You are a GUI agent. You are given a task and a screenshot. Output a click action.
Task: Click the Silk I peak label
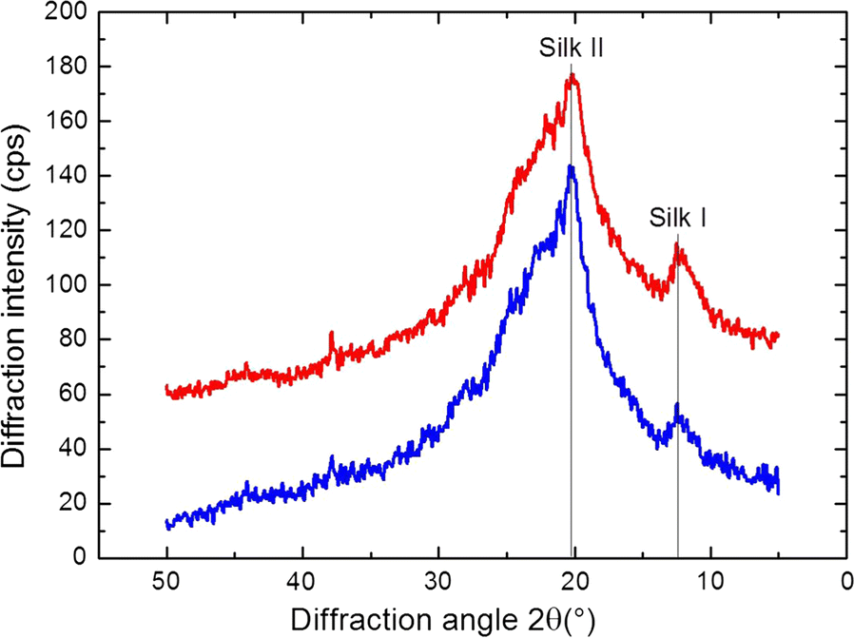pyautogui.click(x=677, y=218)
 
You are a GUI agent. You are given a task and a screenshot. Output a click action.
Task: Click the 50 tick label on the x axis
pyautogui.click(x=167, y=580)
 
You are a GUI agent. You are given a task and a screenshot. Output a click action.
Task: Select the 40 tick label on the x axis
pyautogui.click(x=302, y=580)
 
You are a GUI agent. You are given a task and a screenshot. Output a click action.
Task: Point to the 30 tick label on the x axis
pyautogui.click(x=438, y=580)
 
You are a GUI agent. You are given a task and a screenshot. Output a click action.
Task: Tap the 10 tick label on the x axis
pyautogui.click(x=709, y=580)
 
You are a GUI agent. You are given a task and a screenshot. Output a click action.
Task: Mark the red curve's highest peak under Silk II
pyautogui.click(x=573, y=76)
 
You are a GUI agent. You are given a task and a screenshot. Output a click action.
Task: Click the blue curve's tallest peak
pyautogui.click(x=572, y=167)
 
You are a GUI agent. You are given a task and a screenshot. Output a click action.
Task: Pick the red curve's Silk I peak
pyautogui.click(x=678, y=246)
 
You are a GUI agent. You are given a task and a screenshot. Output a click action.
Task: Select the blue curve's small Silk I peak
pyautogui.click(x=677, y=406)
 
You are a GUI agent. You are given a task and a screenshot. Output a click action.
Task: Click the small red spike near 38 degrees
pyautogui.click(x=331, y=334)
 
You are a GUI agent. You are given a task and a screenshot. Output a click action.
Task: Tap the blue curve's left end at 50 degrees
pyautogui.click(x=167, y=524)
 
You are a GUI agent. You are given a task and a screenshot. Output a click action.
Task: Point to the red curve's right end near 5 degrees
pyautogui.click(x=777, y=336)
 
